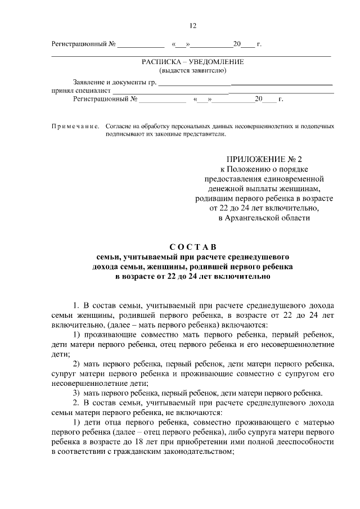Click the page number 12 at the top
click(193, 26)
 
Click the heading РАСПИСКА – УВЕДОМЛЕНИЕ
click(193, 61)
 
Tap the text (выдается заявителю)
click(193, 70)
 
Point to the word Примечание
click(75, 127)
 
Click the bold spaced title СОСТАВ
click(193, 246)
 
